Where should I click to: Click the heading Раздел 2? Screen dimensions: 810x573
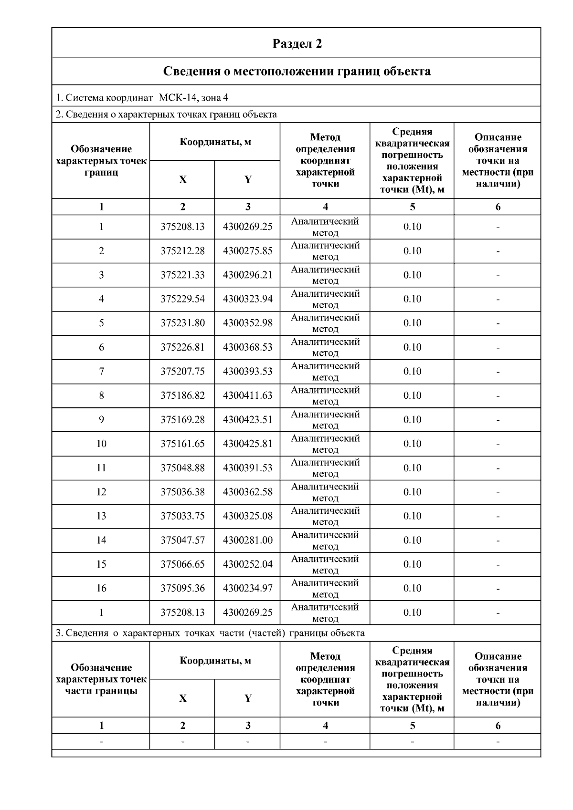pos(297,44)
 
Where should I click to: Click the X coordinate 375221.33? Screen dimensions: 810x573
pos(182,275)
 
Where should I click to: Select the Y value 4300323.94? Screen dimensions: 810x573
pos(247,299)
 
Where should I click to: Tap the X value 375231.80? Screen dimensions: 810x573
pos(182,323)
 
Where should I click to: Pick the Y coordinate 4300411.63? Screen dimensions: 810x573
pos(247,395)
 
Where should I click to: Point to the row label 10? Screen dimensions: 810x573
pos(101,444)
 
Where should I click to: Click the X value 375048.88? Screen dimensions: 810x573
pos(182,468)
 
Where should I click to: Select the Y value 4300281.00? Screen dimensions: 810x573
pos(247,540)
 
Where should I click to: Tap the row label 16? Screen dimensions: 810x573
pos(101,588)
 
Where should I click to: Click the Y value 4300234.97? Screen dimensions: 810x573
pos(247,588)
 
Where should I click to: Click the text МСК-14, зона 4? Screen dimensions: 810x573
pos(193,98)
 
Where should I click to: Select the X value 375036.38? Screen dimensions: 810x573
pos(182,492)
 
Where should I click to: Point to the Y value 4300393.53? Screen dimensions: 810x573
pos(247,372)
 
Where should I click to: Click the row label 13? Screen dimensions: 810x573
pos(101,516)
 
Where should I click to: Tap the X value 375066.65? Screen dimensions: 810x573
pos(182,564)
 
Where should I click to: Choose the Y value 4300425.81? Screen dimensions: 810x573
pos(247,444)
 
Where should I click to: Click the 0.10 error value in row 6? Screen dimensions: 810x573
pos(412,347)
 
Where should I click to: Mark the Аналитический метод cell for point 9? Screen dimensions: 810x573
pos(325,420)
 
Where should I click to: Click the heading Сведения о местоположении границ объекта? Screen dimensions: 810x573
pos(297,72)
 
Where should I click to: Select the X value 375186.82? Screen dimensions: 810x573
pos(182,395)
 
